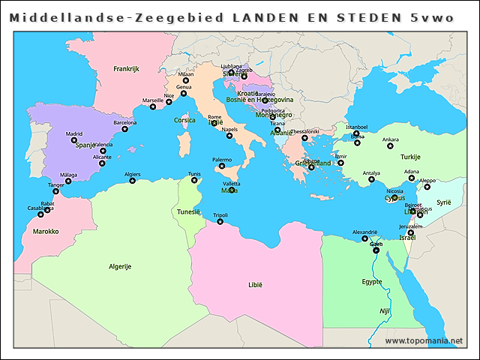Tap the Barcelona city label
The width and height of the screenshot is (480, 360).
point(124,122)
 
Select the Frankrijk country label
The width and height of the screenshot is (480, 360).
point(127,68)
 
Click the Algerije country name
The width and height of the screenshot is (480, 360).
point(120,266)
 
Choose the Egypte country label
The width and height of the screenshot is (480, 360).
point(372,282)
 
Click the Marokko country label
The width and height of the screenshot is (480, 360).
point(46,232)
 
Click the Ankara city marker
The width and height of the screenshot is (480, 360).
point(390,146)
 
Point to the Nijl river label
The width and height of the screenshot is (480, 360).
point(385,310)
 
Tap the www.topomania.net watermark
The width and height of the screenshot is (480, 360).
point(424,340)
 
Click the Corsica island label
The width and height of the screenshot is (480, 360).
point(184,120)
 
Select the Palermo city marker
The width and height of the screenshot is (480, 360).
point(222,166)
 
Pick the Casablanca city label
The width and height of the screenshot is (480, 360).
point(40,208)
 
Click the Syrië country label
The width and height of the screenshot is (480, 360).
point(445,202)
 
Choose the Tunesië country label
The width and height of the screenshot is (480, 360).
point(188,211)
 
